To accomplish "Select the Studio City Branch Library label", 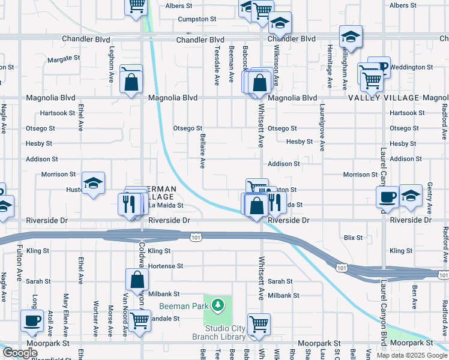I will pos(226,332).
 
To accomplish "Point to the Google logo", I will pos(20,353).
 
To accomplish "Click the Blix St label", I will pos(353,238).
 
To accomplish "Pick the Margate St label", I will pos(64,59).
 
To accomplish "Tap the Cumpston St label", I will pos(197,19).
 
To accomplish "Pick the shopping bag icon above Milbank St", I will pos(137,278).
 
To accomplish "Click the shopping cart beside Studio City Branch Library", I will pos(259,324).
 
